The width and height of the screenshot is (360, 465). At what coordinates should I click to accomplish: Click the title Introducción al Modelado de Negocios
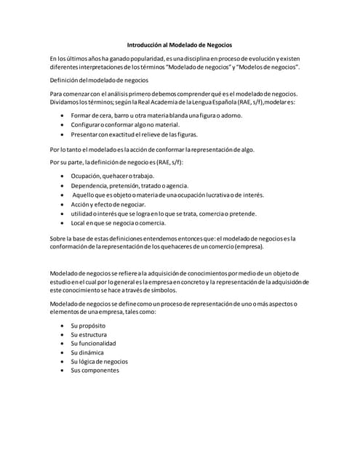point(180,44)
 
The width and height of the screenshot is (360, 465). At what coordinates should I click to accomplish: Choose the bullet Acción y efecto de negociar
point(112,205)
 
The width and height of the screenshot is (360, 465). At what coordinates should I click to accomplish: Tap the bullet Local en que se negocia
point(116,224)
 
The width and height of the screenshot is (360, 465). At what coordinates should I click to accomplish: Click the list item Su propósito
point(88,327)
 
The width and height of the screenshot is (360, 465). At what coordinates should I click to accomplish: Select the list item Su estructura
point(89,336)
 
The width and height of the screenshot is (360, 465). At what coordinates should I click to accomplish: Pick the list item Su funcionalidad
point(93,344)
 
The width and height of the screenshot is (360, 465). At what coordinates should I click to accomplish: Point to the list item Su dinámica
point(88,352)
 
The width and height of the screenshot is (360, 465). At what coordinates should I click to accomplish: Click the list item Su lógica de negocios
point(100,361)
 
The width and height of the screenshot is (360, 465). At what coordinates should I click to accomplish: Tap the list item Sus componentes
point(95,371)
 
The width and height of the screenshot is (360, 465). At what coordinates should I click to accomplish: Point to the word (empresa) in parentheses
point(249,247)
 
